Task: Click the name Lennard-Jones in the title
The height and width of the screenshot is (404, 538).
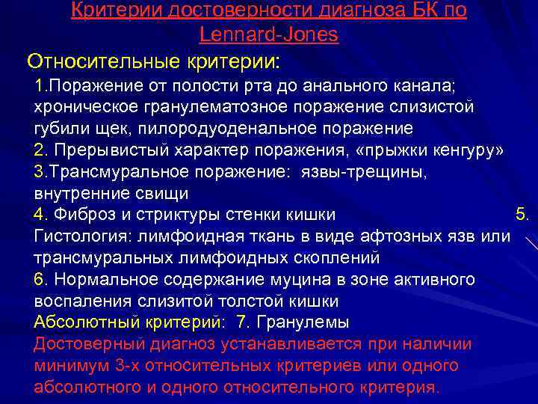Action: pyautogui.click(x=269, y=34)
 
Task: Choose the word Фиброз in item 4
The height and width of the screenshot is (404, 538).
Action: pyautogui.click(x=79, y=215)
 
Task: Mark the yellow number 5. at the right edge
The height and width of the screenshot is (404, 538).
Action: pyautogui.click(x=522, y=215)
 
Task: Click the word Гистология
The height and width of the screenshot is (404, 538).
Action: pyautogui.click(x=75, y=236)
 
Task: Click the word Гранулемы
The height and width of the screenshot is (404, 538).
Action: pyautogui.click(x=309, y=322)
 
